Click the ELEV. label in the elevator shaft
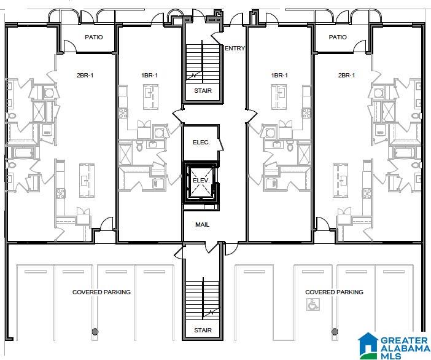coord(201,181)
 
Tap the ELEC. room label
coord(201,143)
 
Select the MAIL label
coord(203,224)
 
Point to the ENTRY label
coord(235,48)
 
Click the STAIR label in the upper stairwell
coord(203,90)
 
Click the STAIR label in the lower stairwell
coord(203,330)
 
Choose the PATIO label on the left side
coord(94,37)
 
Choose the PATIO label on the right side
coord(338,37)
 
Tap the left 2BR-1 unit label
coord(85,75)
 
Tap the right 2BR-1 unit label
coord(346,75)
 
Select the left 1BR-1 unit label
coord(150,75)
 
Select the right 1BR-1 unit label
coord(279,75)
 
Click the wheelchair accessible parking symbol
coord(313,305)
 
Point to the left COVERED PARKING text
coord(101,292)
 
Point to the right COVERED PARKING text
coord(334,292)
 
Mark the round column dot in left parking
coord(95,332)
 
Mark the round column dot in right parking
coord(335,332)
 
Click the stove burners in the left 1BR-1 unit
coord(123,113)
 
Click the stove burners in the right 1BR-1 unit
coord(306,113)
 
